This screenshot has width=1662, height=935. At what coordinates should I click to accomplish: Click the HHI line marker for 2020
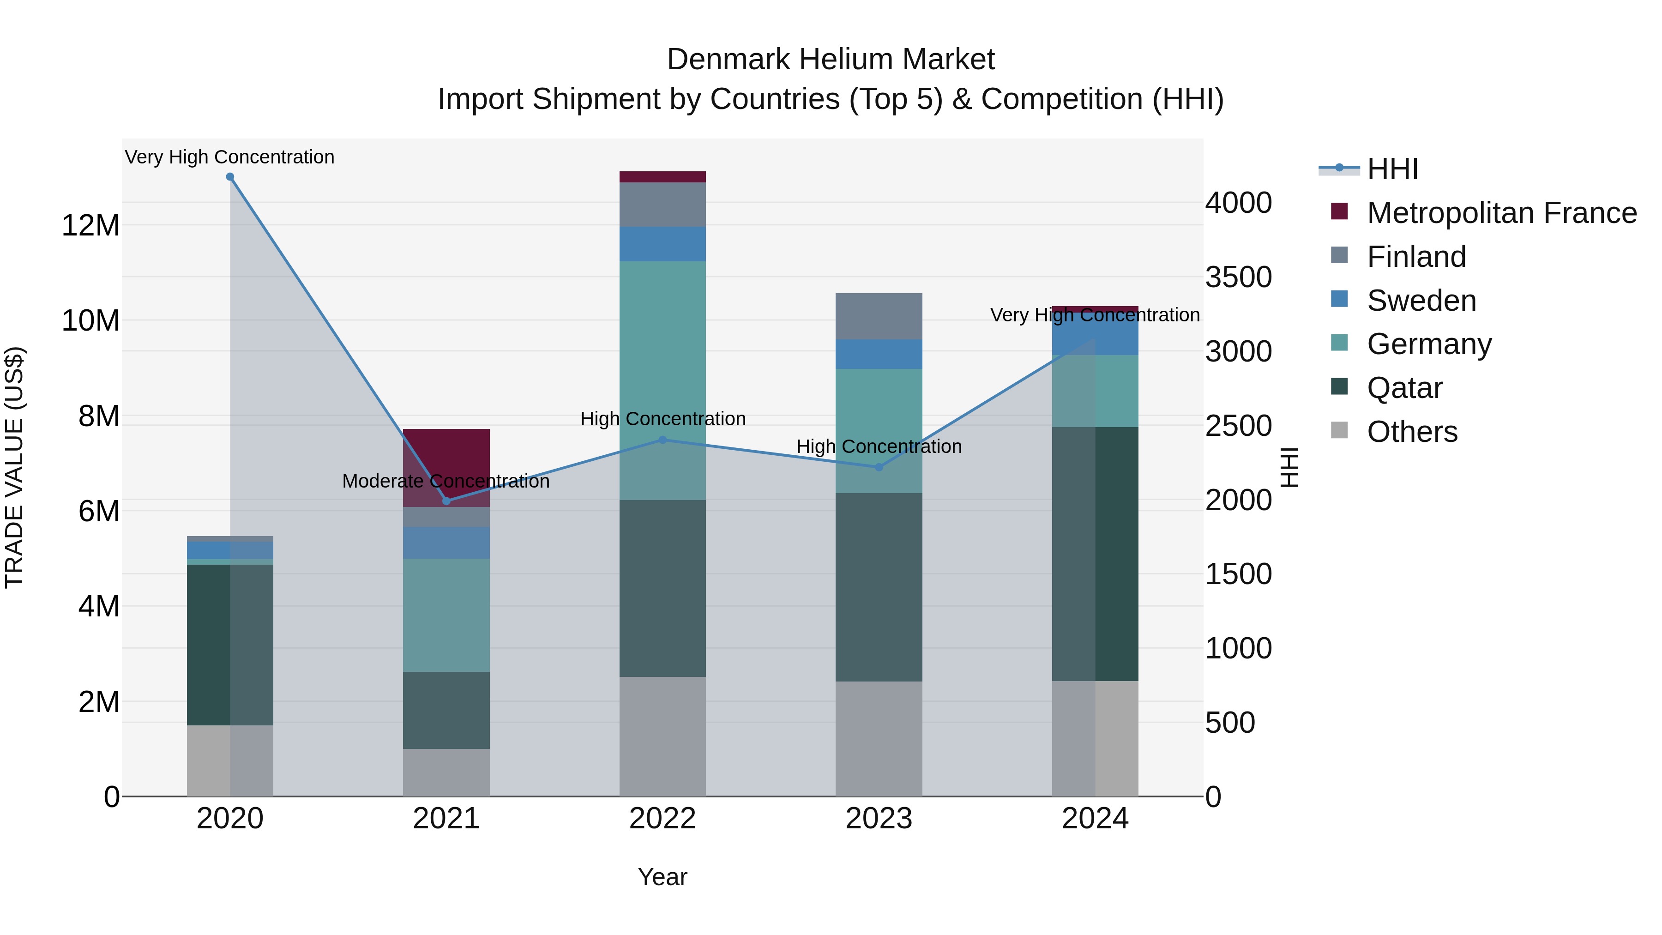(x=230, y=177)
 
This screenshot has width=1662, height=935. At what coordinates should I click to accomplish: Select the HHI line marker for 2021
(x=446, y=501)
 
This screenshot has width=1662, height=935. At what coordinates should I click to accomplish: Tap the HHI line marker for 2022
(x=662, y=440)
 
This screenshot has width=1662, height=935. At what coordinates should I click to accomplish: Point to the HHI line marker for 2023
(x=879, y=467)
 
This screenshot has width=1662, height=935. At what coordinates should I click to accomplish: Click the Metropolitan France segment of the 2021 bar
(x=446, y=467)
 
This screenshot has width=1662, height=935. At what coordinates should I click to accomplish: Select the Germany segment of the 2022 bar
(x=662, y=381)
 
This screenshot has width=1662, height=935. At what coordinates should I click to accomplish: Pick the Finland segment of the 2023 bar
(x=879, y=316)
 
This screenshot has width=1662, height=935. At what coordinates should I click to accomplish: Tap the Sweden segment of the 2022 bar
(x=662, y=244)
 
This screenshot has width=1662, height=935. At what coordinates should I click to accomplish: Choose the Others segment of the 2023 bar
(x=879, y=738)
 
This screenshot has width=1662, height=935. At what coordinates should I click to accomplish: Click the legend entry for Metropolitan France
(x=1501, y=213)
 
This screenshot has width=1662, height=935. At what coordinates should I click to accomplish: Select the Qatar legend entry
(x=1404, y=388)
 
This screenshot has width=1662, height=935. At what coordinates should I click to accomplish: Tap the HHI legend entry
(x=1391, y=169)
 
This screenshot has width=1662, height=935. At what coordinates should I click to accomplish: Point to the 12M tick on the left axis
(x=90, y=226)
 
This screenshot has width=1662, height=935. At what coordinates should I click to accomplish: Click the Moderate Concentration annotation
(x=446, y=482)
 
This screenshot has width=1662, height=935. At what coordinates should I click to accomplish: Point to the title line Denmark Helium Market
(x=831, y=60)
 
